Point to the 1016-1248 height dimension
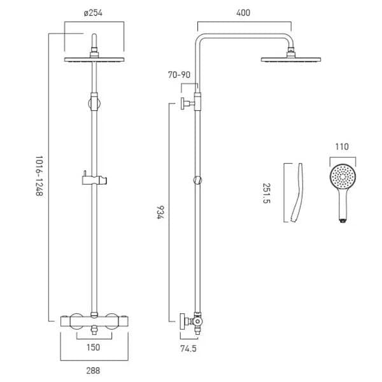point(38,178)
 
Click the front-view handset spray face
point(343,176)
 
